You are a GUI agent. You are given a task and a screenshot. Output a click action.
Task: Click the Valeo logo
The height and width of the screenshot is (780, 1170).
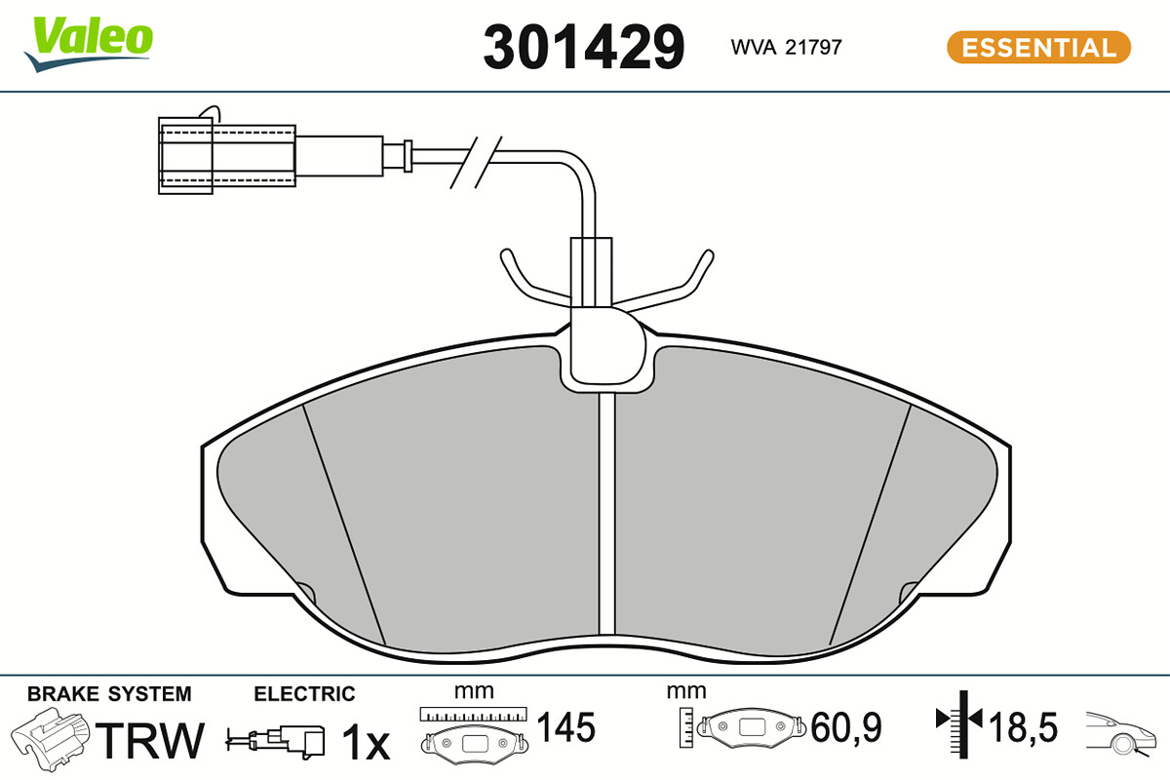89,44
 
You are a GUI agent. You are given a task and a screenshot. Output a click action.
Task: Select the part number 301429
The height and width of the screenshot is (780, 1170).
583,47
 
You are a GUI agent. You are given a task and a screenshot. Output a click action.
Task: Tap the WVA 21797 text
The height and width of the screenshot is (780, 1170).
786,47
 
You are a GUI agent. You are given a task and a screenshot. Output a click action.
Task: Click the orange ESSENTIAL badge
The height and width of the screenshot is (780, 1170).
1039,47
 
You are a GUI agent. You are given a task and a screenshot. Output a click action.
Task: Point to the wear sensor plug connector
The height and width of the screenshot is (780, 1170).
227,156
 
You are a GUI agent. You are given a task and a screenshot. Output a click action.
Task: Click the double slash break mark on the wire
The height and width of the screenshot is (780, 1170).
476,162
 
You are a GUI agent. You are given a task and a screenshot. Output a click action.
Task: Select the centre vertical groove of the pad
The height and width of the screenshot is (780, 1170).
606,514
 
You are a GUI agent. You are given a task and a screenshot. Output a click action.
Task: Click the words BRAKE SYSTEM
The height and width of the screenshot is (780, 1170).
109,694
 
